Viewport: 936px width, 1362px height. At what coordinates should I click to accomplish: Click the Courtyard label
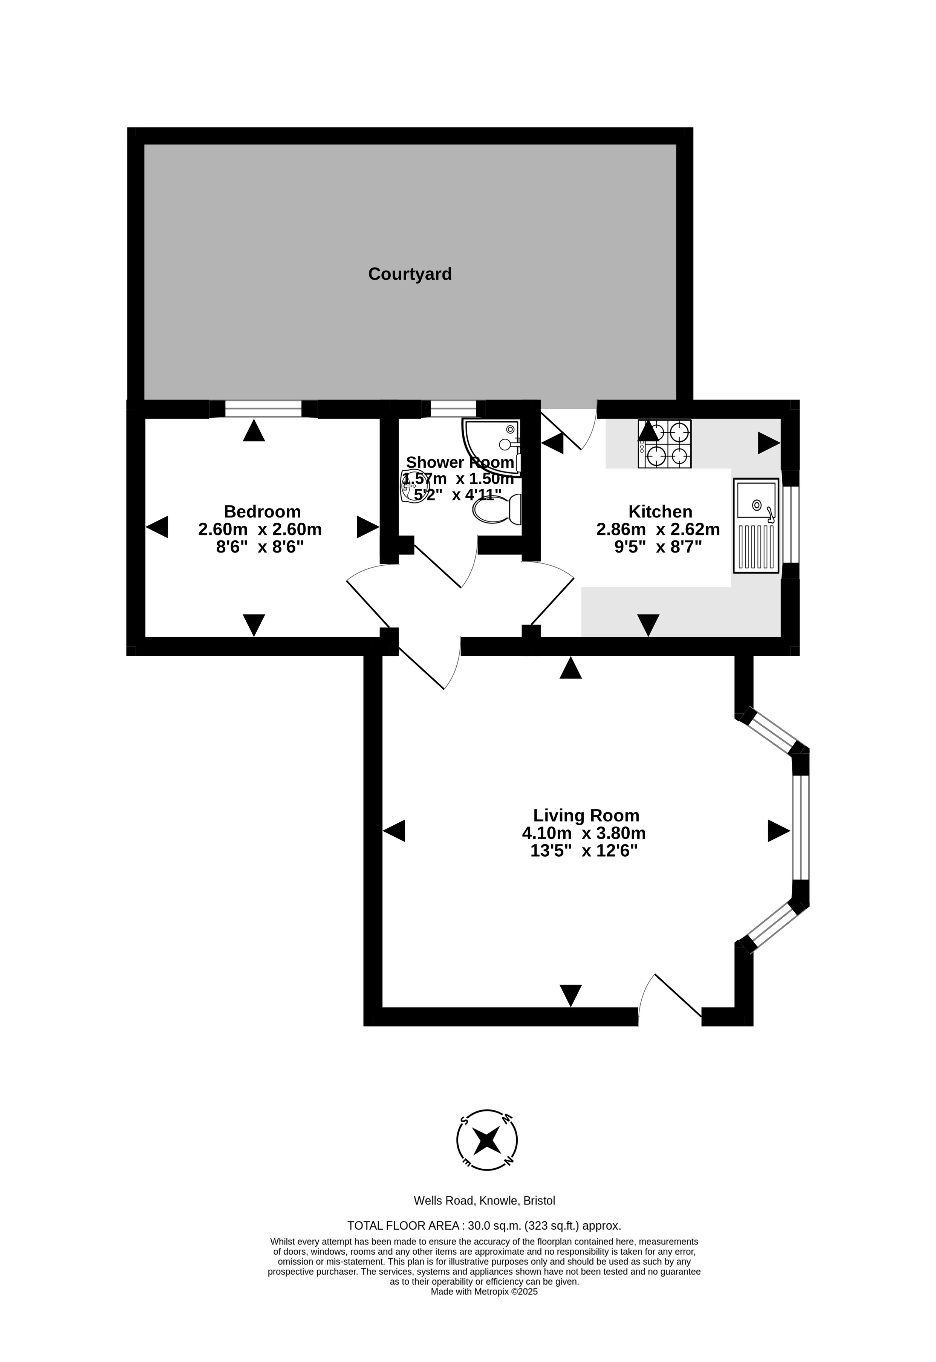[x=410, y=274]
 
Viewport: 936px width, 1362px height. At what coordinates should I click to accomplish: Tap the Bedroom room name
[x=262, y=511]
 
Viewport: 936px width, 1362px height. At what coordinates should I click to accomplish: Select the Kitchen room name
[x=660, y=511]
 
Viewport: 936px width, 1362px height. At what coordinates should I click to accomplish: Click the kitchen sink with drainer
[x=756, y=526]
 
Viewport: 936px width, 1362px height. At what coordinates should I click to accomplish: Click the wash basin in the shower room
[x=414, y=486]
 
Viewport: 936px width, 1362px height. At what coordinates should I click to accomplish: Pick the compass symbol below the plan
[x=487, y=1141]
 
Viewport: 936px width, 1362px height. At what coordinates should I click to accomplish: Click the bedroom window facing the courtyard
[x=263, y=409]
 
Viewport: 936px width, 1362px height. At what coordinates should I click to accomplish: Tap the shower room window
[x=453, y=409]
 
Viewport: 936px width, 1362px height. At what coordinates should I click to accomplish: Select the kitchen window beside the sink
[x=791, y=524]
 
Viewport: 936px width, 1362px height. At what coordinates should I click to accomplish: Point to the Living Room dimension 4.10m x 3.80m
[x=584, y=833]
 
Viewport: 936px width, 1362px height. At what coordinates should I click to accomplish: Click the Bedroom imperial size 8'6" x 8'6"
[x=260, y=547]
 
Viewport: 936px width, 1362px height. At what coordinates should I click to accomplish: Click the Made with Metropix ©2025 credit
[x=485, y=1291]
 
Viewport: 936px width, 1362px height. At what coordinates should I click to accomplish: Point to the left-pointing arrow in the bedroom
[x=157, y=527]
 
